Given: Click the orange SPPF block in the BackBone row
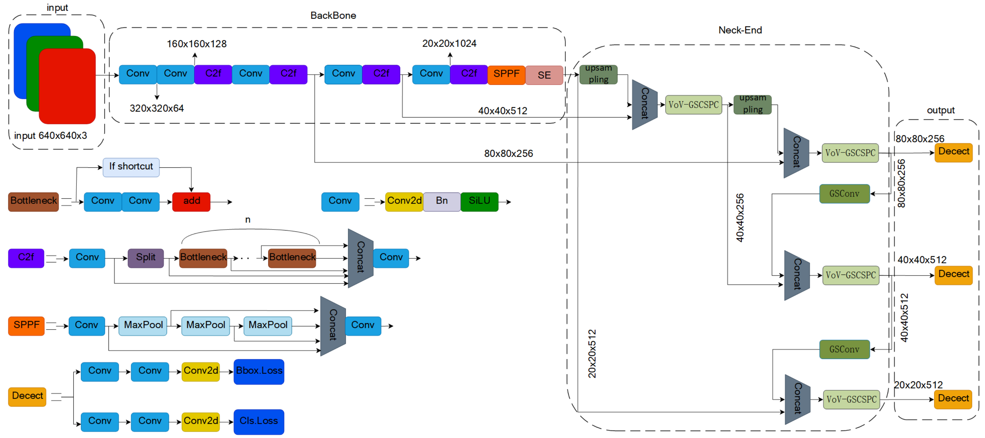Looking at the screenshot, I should (506, 74).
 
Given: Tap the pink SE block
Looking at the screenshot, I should (544, 75).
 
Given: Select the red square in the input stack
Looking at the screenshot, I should (67, 86).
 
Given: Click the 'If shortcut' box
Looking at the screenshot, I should (131, 167).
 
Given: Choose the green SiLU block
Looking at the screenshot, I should (479, 201).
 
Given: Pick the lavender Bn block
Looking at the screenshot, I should (442, 201).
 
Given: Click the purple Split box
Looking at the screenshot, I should (146, 258).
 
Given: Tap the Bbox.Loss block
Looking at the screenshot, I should (259, 371).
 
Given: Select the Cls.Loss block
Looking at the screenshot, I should (259, 421).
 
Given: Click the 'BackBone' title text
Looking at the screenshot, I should (333, 16).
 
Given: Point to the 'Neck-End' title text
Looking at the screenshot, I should (740, 30).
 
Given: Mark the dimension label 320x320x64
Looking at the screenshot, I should (157, 109).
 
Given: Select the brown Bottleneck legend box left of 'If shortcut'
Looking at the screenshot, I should (33, 201).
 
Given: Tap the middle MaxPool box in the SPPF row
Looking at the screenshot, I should (205, 325).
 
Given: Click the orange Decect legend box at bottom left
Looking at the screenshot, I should (27, 396).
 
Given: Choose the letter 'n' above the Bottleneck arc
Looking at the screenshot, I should (248, 220).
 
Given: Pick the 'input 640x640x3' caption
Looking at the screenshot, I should (50, 136).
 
